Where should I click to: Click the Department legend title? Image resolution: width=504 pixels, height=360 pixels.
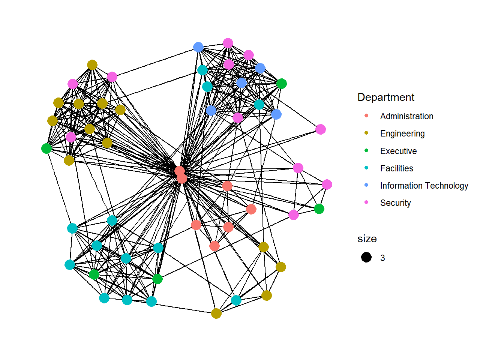click(x=385, y=97)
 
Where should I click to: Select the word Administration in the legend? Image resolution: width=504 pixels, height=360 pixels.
click(x=406, y=116)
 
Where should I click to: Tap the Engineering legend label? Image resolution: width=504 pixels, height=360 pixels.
click(x=402, y=133)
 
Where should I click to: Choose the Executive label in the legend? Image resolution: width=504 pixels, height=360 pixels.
click(x=398, y=151)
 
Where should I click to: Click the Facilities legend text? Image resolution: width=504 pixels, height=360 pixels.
click(x=396, y=168)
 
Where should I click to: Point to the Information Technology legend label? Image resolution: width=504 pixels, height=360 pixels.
click(x=424, y=186)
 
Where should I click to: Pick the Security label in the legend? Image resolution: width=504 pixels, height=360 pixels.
click(x=395, y=203)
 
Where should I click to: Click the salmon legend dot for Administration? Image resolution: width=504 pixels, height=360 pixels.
click(x=366, y=116)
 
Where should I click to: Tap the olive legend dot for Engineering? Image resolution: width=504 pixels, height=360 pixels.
click(x=366, y=133)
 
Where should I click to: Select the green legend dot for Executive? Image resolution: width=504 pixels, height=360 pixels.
click(x=366, y=150)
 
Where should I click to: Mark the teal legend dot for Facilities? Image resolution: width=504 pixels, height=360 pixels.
click(x=366, y=168)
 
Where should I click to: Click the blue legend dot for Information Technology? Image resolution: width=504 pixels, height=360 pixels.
click(x=366, y=185)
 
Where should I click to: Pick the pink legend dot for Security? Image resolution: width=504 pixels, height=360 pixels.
click(x=366, y=202)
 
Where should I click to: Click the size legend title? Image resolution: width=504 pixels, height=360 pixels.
click(x=367, y=239)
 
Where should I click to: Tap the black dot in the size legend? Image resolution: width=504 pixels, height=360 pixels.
click(x=366, y=257)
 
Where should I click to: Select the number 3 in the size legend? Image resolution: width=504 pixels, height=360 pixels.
click(x=382, y=258)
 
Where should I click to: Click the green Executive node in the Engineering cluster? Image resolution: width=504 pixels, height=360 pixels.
click(x=46, y=148)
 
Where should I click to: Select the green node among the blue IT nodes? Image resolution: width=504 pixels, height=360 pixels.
click(x=282, y=84)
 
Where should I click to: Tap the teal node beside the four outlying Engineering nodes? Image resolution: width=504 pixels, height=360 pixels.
click(x=236, y=300)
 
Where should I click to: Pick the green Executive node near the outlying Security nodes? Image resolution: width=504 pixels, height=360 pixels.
click(x=319, y=209)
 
